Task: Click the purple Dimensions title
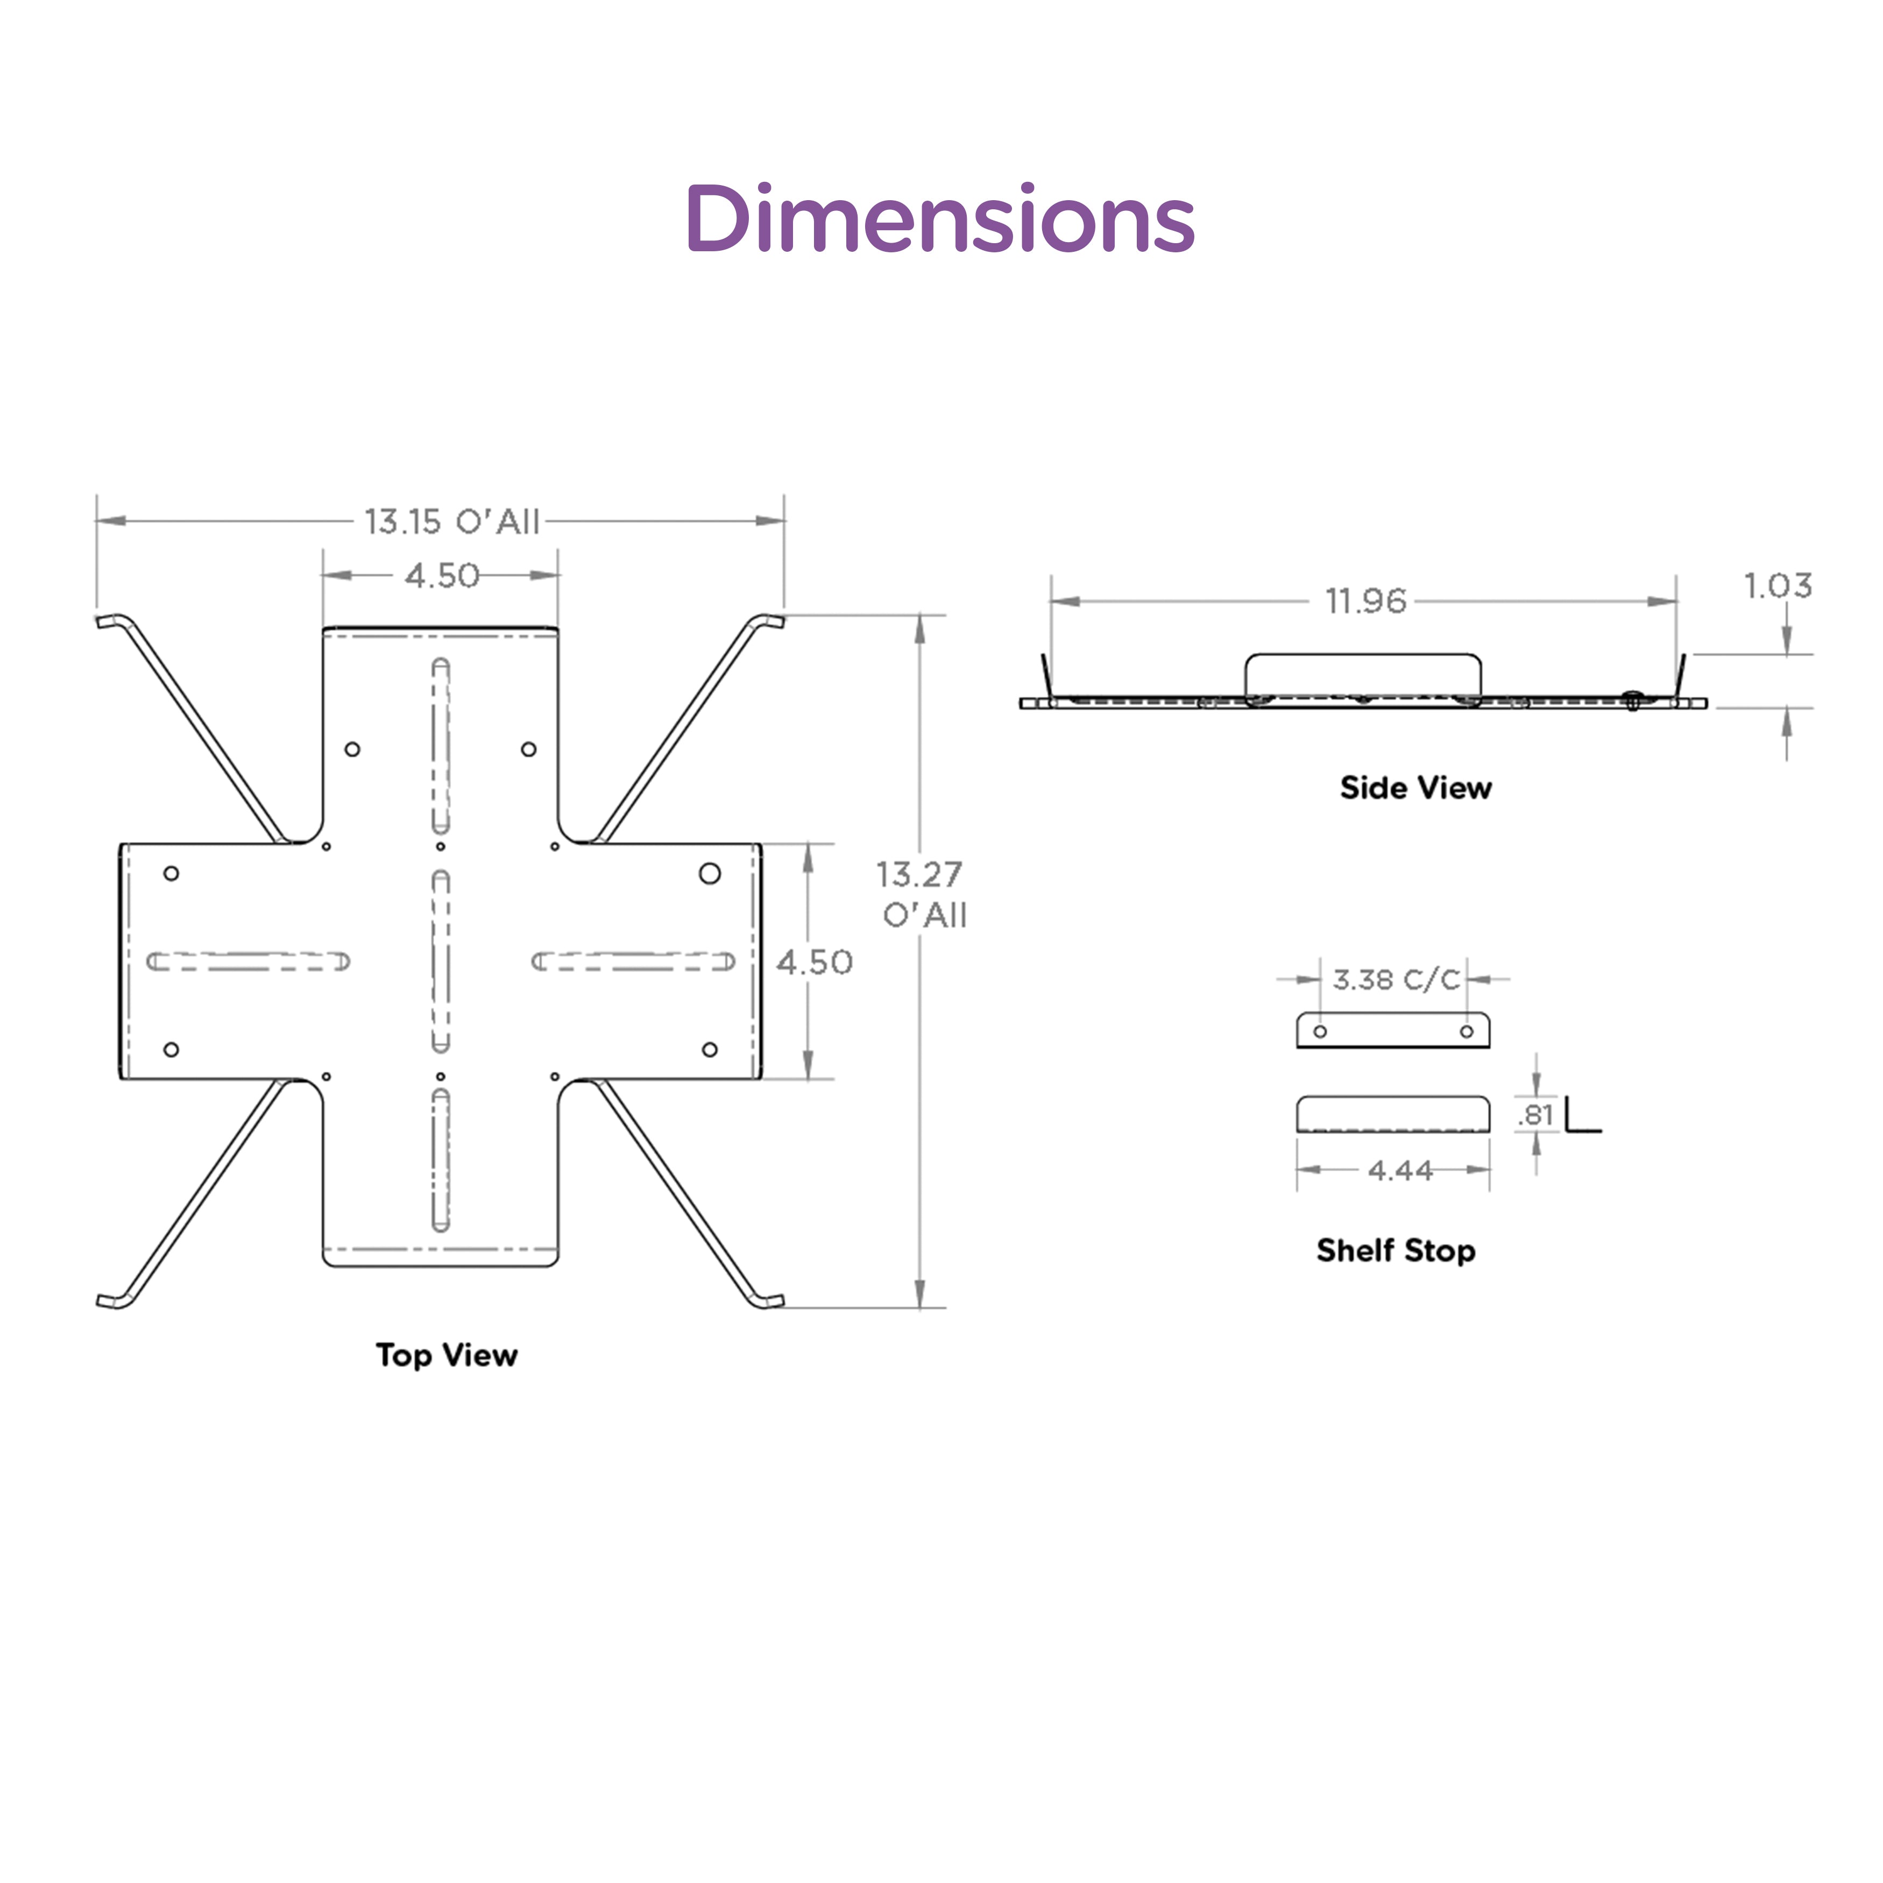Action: coord(940,218)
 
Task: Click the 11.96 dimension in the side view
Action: coord(1365,601)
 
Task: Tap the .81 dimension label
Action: coord(1535,1115)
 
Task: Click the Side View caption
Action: coord(1415,788)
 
